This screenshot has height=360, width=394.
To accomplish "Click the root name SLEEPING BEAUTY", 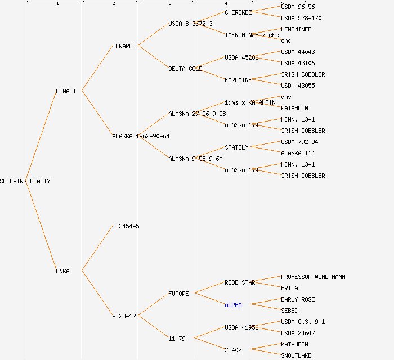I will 25,181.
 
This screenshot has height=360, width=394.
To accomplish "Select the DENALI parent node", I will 65,91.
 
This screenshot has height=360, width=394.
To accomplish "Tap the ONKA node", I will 62,271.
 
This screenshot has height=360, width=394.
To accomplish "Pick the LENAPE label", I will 122,46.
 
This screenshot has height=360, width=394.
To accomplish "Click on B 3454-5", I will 126,226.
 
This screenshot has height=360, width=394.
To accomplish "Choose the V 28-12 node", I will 124,316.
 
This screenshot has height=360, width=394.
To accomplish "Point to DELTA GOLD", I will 185,69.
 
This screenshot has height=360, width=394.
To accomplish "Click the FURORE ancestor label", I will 178,294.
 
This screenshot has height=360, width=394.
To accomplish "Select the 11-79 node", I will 177,339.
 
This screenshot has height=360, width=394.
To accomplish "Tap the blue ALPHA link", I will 233,305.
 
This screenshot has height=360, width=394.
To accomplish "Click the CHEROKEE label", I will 238,12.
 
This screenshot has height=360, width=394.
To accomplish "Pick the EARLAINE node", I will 238,80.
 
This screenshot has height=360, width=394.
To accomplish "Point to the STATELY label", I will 236,147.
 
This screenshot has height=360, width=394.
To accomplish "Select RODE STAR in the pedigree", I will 240,282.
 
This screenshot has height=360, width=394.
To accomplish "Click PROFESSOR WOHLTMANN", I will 313,277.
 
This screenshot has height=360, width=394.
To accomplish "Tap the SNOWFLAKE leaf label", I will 296,355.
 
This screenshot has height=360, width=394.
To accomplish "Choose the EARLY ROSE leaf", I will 298,299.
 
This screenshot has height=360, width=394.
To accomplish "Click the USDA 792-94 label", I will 299,142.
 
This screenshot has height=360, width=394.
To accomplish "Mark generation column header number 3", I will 169,3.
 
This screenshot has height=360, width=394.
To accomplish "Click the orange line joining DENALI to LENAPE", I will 97,69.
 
